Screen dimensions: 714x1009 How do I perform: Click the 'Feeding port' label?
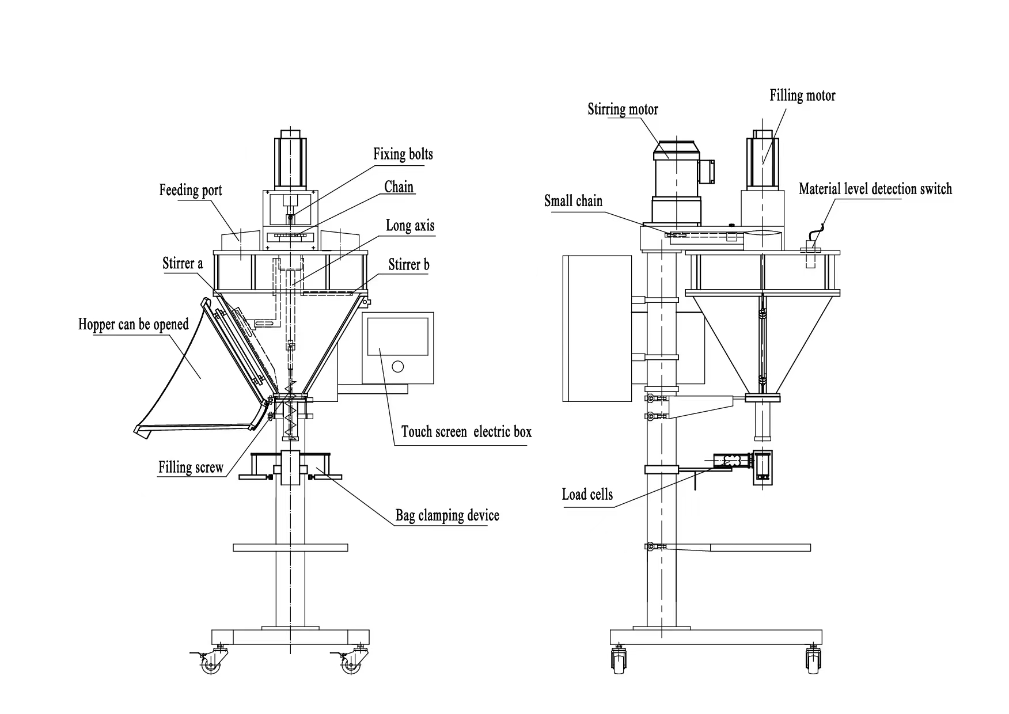coord(190,191)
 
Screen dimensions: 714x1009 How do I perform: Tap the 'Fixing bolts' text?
coord(403,154)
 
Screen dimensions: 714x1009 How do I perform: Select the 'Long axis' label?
coord(409,226)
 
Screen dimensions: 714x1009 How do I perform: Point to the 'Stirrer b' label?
coord(408,265)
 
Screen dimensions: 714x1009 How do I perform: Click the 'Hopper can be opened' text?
coord(133,324)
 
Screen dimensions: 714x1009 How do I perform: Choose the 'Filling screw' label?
coord(191,467)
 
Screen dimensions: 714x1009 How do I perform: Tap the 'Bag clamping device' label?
coord(447,515)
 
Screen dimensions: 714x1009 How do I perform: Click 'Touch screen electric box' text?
coord(466,432)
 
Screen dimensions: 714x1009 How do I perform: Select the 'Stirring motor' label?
coord(623,109)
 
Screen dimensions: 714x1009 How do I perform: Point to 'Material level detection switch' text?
coord(875,189)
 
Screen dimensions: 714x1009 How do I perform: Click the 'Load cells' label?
coord(587,495)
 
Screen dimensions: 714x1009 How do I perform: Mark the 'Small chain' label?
coord(573,201)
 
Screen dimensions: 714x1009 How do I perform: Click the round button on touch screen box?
coord(397,366)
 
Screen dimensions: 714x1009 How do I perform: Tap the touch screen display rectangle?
coord(397,336)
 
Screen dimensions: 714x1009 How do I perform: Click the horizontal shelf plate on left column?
coord(290,547)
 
